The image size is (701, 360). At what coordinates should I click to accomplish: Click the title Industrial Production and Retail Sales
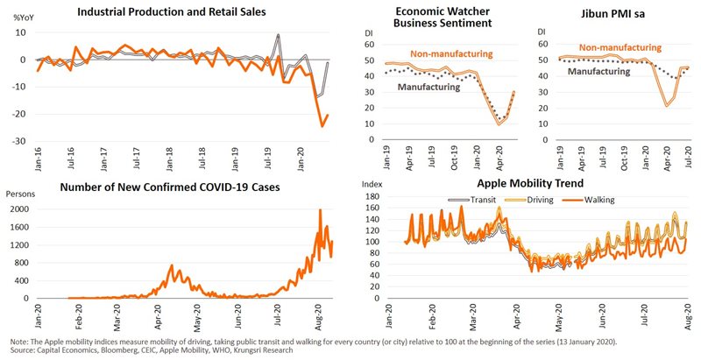171,12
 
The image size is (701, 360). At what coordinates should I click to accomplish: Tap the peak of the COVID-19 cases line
320,211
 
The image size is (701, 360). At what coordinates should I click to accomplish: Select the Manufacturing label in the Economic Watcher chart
429,88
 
